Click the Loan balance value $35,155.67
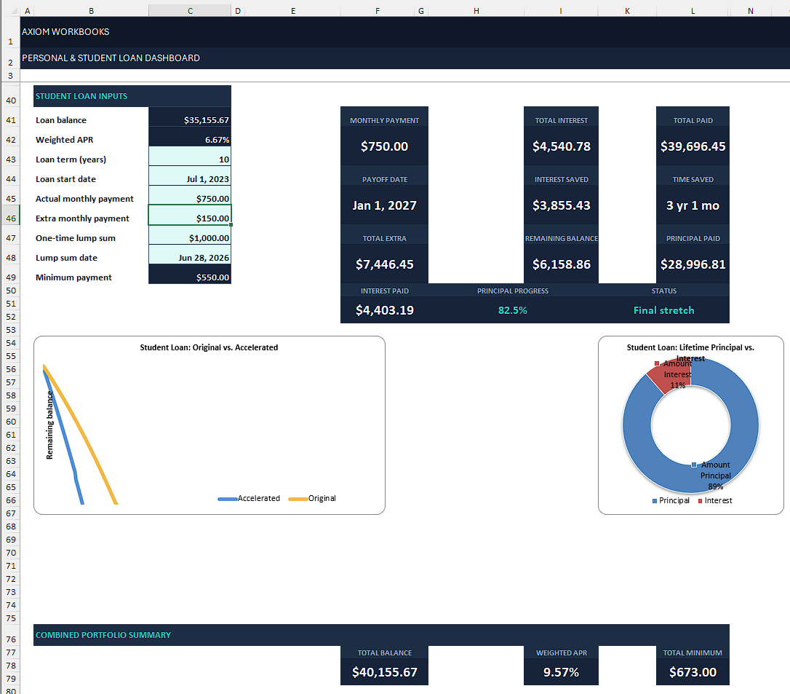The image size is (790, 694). (206, 120)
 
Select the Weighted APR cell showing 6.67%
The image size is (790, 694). (218, 140)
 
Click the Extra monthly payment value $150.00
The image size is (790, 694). (212, 218)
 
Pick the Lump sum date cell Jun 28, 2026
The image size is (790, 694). (204, 258)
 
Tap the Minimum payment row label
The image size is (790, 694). (73, 277)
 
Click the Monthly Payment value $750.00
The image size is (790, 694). (384, 146)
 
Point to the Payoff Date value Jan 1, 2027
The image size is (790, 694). (384, 205)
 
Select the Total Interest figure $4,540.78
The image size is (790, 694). (562, 146)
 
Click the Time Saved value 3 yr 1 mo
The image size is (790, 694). (693, 205)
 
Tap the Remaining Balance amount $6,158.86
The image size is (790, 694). (562, 264)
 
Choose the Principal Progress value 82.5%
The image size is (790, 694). (512, 310)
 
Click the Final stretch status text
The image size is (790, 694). (663, 310)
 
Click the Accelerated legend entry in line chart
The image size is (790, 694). (249, 498)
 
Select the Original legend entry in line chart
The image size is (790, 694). (312, 498)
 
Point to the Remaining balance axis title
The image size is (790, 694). (49, 425)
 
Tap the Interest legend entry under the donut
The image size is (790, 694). (715, 500)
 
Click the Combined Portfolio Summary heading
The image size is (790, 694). (103, 635)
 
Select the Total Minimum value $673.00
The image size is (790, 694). (693, 672)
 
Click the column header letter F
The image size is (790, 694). (378, 11)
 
